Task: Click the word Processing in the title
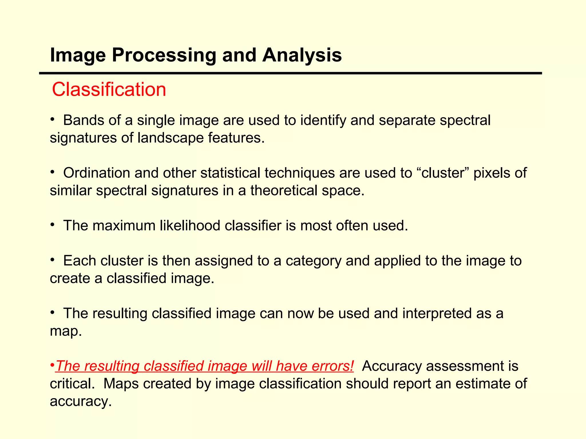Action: (x=164, y=55)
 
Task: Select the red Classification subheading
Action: (x=109, y=89)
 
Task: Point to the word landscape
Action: (x=171, y=138)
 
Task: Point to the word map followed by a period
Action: (x=66, y=331)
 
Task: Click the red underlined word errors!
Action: (x=333, y=366)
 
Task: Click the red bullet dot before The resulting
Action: (x=52, y=366)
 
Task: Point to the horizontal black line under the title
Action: (x=290, y=73)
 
